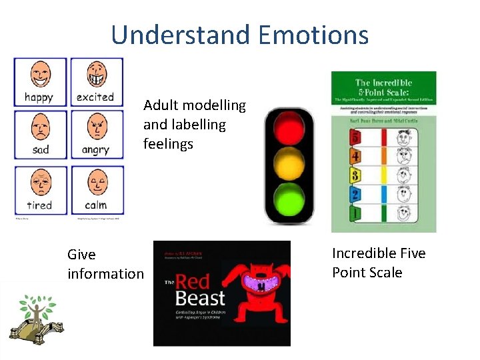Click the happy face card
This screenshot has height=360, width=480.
pyautogui.click(x=40, y=82)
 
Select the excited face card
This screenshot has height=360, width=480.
pyautogui.click(x=96, y=82)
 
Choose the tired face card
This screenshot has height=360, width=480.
pyautogui.click(x=40, y=190)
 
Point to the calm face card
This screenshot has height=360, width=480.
pyautogui.click(x=96, y=190)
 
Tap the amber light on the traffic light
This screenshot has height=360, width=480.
pyautogui.click(x=288, y=161)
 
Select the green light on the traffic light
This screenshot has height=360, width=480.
pyautogui.click(x=288, y=198)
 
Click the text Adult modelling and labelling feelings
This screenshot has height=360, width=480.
pyautogui.click(x=194, y=124)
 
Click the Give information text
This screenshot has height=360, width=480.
pyautogui.click(x=105, y=264)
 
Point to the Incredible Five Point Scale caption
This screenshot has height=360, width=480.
pyautogui.click(x=378, y=263)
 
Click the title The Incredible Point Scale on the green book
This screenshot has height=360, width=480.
pyautogui.click(x=383, y=89)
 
